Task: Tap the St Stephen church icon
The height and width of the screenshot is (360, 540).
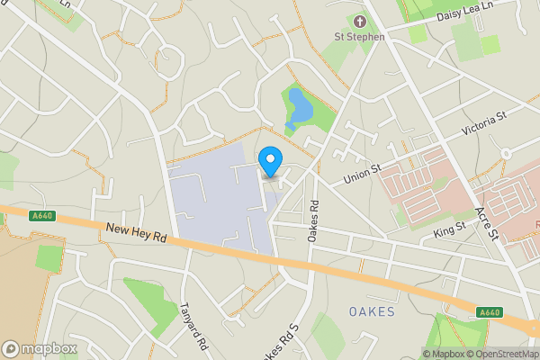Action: (360, 21)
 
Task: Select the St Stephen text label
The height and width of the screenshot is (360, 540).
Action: (360, 37)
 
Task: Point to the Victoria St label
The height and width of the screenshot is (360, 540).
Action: (485, 125)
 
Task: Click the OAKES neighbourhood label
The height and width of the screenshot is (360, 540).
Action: (372, 311)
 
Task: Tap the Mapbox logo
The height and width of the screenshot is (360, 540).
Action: (40, 348)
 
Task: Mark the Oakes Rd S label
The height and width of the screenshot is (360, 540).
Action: (282, 343)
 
